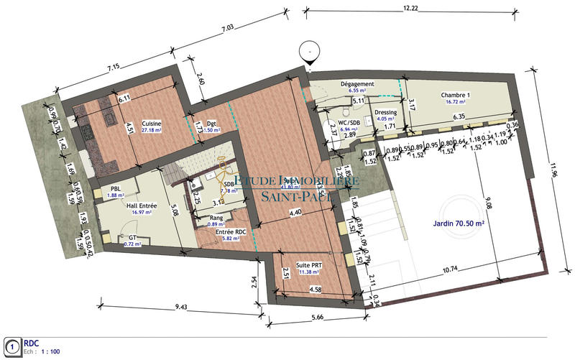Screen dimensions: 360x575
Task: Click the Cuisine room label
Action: pyautogui.click(x=151, y=124)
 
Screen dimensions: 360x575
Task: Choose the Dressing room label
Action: pyautogui.click(x=387, y=111)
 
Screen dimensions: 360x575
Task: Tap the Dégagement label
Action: pyautogui.click(x=356, y=84)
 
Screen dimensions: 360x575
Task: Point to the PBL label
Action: pyautogui.click(x=116, y=188)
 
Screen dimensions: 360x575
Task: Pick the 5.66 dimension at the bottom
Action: pyautogui.click(x=317, y=313)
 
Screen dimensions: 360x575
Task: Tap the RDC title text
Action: pyautogui.click(x=33, y=343)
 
